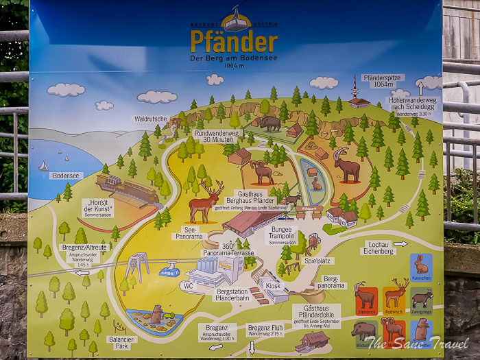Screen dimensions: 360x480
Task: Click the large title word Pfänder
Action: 234,42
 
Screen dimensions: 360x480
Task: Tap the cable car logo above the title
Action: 235,21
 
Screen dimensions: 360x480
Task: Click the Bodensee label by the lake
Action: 65,176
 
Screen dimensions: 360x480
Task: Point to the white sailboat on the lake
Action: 44,165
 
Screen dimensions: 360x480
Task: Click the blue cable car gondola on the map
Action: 169,271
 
